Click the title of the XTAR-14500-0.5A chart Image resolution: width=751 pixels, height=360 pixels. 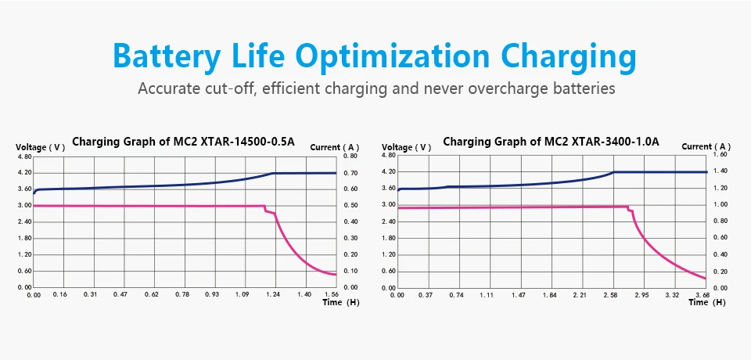tap(183, 142)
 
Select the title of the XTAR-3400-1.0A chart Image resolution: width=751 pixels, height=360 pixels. tap(552, 142)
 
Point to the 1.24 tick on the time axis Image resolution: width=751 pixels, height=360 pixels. tap(274, 294)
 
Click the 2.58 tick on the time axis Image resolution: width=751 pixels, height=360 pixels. tap(613, 295)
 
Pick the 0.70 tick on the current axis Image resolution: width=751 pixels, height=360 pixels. tap(350, 173)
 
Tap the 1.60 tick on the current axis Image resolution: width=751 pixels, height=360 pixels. tap(720, 155)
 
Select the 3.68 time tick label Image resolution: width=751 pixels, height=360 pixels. tap(702, 295)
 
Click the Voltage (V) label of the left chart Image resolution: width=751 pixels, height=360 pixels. tap(40, 147)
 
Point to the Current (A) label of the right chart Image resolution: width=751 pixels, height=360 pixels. tap(706, 146)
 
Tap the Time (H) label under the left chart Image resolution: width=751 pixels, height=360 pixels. tap(340, 302)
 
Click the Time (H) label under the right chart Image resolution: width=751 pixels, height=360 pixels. tap(707, 302)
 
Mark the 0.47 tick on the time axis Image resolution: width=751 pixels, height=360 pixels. tap(124, 294)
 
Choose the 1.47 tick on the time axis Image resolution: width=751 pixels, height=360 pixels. tap(521, 295)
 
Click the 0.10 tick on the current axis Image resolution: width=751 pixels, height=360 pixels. tap(350, 271)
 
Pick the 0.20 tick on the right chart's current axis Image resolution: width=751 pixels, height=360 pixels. tap(720, 272)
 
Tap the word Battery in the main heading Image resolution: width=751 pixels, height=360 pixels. tap(167, 57)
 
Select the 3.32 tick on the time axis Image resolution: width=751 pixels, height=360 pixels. tap(673, 295)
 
